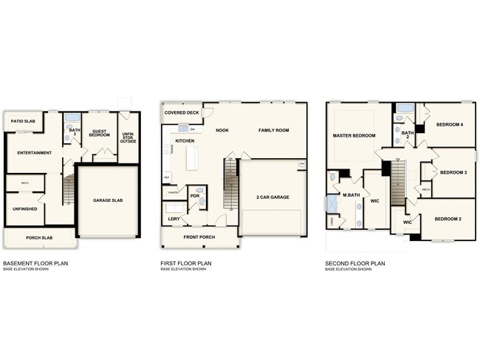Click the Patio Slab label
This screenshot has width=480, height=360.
[x=24, y=120]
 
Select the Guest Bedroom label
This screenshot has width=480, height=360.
[x=100, y=134]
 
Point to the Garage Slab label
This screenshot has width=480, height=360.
[x=108, y=200]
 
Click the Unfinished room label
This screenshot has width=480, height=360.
[x=25, y=208]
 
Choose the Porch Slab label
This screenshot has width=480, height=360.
[x=38, y=238]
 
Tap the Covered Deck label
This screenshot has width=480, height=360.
[x=181, y=113]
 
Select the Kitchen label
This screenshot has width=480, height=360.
[x=185, y=140]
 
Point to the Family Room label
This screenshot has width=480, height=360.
[x=273, y=130]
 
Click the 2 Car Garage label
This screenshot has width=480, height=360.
[x=272, y=197]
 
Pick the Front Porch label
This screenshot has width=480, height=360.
[x=199, y=237]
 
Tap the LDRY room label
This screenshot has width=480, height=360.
[x=174, y=219]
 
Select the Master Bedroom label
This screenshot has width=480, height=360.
[x=354, y=136]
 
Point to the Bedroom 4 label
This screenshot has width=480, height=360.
[x=449, y=124]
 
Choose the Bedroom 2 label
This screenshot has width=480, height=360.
[x=448, y=220]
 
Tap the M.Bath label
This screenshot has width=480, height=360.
[x=350, y=195]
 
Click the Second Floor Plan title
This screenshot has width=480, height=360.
[x=356, y=263]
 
